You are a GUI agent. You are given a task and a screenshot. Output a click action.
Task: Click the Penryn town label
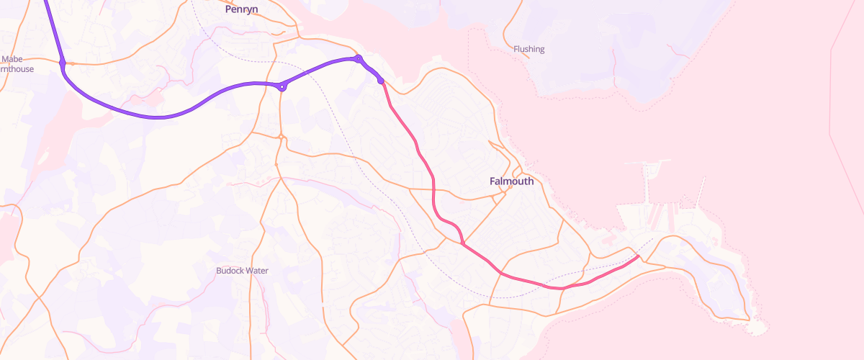coord(241,9)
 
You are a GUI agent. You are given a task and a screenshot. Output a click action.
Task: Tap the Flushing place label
coord(529,49)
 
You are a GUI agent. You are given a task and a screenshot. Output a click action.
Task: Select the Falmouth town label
coord(512,181)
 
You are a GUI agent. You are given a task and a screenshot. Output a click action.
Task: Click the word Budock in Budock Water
coord(230,271)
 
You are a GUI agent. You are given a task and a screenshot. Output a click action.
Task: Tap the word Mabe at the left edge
coord(13,59)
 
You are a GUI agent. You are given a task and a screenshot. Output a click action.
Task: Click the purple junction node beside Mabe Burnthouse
coord(63,64)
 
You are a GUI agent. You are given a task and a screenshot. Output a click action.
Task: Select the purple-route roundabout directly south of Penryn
coord(283,87)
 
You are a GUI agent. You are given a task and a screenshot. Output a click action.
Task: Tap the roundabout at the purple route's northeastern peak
coord(358,58)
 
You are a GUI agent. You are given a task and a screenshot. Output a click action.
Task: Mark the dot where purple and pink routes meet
coord(381,81)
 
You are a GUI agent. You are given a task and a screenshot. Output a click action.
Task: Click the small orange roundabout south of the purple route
coord(282,137)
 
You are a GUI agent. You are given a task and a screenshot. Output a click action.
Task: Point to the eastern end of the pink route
coord(639,256)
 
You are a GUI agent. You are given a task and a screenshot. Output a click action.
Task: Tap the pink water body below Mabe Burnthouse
coord(50,130)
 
